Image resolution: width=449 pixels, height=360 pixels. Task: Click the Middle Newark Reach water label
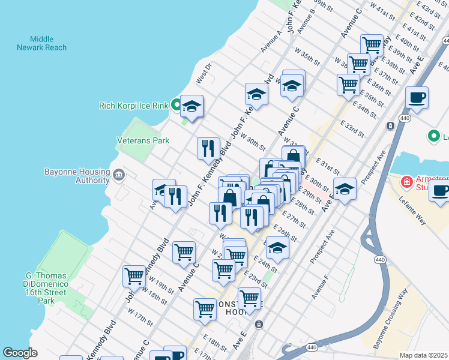[41, 43]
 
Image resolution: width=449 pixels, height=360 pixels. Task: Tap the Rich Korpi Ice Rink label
[133, 106]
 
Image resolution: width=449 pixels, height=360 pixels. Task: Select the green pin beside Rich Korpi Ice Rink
[176, 106]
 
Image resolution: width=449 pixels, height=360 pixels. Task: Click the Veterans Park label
[143, 140]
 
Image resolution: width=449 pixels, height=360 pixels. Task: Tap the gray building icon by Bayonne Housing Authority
[118, 176]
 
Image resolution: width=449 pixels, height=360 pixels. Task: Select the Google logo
[20, 353]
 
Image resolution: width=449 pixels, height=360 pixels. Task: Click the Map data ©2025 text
[424, 355]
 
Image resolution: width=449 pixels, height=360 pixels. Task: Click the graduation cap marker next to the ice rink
[192, 106]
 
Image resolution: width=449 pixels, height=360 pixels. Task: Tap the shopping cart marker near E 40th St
[372, 44]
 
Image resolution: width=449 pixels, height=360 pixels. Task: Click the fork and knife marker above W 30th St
[208, 147]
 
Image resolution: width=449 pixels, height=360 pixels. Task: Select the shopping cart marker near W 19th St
[134, 276]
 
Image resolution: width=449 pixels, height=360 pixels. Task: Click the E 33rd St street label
[352, 127]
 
